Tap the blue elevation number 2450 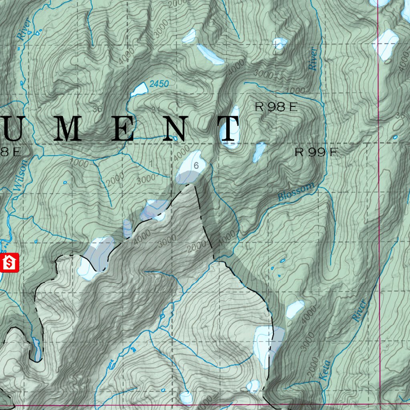159,84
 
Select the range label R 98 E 276,107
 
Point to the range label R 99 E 317,152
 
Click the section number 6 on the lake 196,165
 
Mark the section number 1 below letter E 151,162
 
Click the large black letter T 229,129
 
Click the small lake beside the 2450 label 139,90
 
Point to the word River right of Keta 359,310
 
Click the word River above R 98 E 314,58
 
